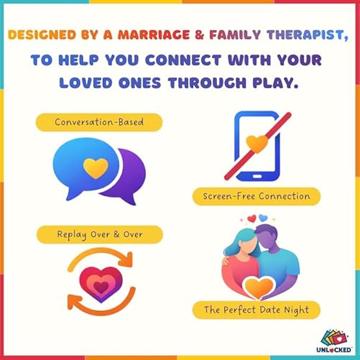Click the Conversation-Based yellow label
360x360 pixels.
98,122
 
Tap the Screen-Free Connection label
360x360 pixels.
256,196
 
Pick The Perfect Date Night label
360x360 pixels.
256,310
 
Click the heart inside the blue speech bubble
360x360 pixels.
96,167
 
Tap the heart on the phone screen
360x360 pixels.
256,142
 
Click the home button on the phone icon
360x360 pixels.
257,176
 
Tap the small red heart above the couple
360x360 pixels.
252,218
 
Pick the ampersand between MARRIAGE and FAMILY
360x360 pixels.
199,35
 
